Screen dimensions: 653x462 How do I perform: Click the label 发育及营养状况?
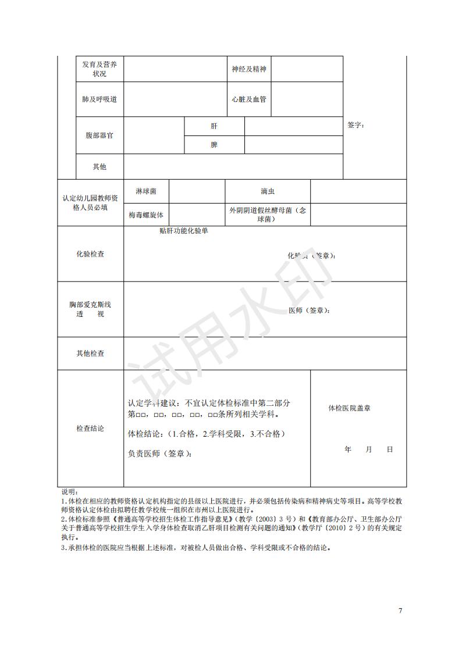pyautogui.click(x=99, y=69)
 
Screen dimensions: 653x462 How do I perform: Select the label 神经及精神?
pyautogui.click(x=248, y=69)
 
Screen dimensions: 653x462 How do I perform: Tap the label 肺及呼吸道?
pyautogui.click(x=99, y=99)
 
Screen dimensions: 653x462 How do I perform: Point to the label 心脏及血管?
pyautogui.click(x=248, y=99)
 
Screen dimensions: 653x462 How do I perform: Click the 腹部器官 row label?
pyautogui.click(x=99, y=135)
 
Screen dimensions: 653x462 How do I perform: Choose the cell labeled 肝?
pyautogui.click(x=214, y=126)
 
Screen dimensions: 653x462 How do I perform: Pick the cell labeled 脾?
pyautogui.click(x=214, y=145)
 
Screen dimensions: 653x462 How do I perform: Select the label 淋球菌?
pyautogui.click(x=145, y=191)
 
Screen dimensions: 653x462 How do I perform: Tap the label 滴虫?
pyautogui.click(x=268, y=191)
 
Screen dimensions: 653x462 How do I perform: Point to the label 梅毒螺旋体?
pyautogui.click(x=146, y=215)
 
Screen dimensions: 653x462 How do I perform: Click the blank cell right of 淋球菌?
pyautogui.click(x=197, y=191)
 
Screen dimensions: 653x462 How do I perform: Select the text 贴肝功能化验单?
pyautogui.click(x=184, y=231)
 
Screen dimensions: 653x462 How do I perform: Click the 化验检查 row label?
pyautogui.click(x=90, y=254)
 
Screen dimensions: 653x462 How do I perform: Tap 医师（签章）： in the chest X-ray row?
pyautogui.click(x=310, y=311)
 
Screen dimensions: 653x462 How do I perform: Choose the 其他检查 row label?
pyautogui.click(x=90, y=354)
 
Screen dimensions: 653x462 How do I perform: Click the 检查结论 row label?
pyautogui.click(x=90, y=429)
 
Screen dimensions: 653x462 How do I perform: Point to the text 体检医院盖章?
pyautogui.click(x=349, y=408)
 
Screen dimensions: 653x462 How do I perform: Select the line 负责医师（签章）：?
pyautogui.click(x=159, y=454)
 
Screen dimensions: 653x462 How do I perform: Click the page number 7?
pyautogui.click(x=400, y=611)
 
